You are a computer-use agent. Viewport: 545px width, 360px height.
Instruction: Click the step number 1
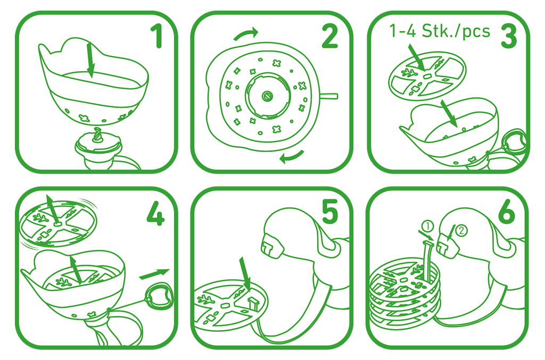click(157, 36)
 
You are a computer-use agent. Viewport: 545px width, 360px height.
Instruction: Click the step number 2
click(329, 36)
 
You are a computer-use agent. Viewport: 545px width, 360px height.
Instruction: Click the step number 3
click(509, 36)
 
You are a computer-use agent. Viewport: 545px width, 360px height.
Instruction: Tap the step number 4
click(155, 213)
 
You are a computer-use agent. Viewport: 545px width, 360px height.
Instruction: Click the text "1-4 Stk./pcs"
click(440, 31)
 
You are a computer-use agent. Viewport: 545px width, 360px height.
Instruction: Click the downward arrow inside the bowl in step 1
click(90, 60)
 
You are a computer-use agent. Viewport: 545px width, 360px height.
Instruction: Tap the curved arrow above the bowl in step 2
click(246, 34)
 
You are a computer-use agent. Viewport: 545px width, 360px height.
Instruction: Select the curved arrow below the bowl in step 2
click(291, 157)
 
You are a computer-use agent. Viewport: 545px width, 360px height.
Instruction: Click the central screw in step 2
click(267, 96)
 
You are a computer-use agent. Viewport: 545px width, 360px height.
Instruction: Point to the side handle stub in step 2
click(328, 96)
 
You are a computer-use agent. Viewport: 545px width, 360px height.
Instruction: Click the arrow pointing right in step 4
click(154, 274)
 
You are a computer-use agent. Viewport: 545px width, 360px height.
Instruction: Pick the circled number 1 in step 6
click(428, 227)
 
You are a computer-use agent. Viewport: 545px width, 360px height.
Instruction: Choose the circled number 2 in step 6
click(461, 231)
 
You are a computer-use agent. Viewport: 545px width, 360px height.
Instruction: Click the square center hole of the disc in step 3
click(427, 74)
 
